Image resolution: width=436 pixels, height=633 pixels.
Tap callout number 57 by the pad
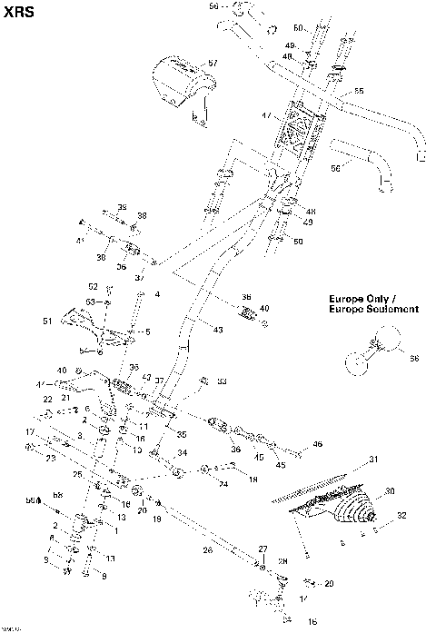213,63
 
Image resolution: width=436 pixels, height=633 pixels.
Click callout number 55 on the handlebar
358,92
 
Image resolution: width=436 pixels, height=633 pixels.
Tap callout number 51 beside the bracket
48,321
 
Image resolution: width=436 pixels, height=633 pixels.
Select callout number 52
93,287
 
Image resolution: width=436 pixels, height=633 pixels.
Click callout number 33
222,381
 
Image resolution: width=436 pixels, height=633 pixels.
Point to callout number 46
317,444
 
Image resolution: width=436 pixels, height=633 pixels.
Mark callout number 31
372,460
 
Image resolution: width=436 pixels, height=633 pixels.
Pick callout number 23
49,459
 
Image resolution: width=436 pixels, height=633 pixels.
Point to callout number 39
122,207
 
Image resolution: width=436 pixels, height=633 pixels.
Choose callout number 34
182,452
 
